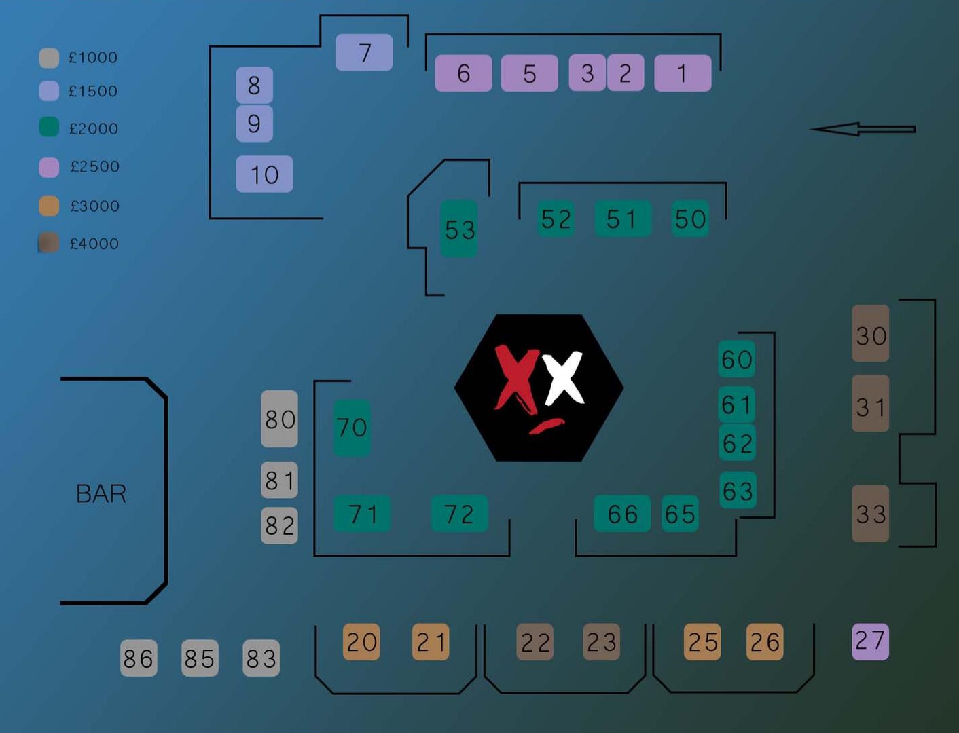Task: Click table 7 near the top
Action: (x=364, y=52)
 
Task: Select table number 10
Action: (x=264, y=174)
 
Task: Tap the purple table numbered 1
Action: (x=683, y=73)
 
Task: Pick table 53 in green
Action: (x=459, y=229)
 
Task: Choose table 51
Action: (x=622, y=219)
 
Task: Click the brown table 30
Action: (x=871, y=334)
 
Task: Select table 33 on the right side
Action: (x=871, y=514)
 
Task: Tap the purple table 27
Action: (x=870, y=641)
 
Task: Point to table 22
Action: (x=535, y=642)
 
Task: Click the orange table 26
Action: (x=765, y=642)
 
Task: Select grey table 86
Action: (x=139, y=658)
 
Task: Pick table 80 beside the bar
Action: (x=279, y=419)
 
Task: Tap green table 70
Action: (x=352, y=428)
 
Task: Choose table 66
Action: (x=622, y=514)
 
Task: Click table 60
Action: (x=737, y=359)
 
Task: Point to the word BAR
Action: (x=101, y=493)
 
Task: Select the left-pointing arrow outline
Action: (x=863, y=129)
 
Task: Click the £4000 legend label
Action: (x=94, y=244)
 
